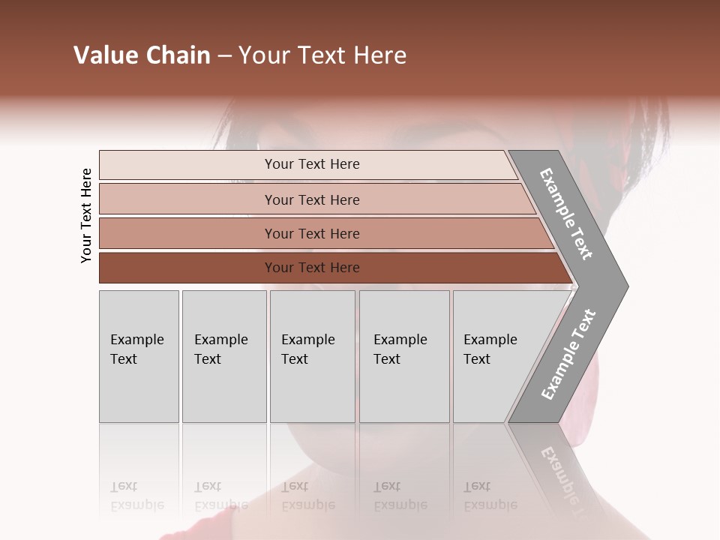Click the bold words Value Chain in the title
point(142,55)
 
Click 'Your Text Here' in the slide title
point(322,55)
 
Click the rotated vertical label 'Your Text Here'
point(86,215)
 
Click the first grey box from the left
point(139,356)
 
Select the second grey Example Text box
point(224,356)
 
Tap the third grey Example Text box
point(312,356)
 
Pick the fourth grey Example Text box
point(404,356)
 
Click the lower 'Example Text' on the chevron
point(568,355)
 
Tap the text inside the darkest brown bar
point(312,268)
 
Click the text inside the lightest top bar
point(312,164)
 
